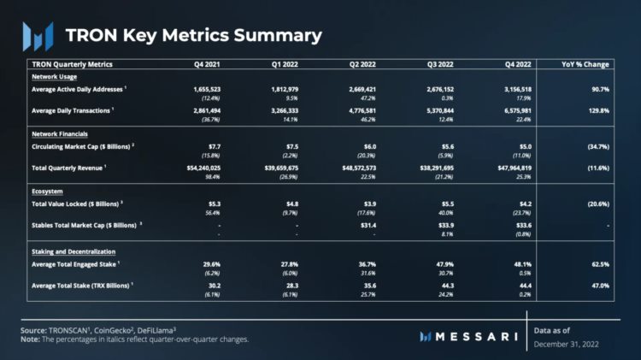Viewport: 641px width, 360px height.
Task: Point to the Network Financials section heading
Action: (x=60, y=135)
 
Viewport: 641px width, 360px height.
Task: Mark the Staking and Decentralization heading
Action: (x=79, y=252)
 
